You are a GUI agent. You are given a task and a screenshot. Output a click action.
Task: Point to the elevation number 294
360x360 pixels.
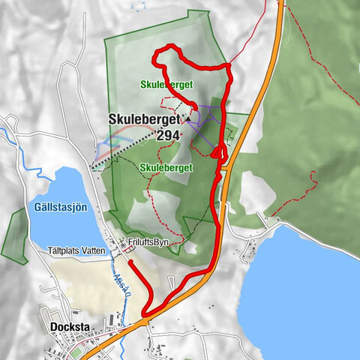169,136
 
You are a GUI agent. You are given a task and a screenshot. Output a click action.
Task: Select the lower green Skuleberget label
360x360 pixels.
163,166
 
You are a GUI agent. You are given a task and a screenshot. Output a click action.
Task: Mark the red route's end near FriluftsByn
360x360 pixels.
130,262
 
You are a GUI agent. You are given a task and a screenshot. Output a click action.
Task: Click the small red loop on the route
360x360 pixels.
217,153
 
